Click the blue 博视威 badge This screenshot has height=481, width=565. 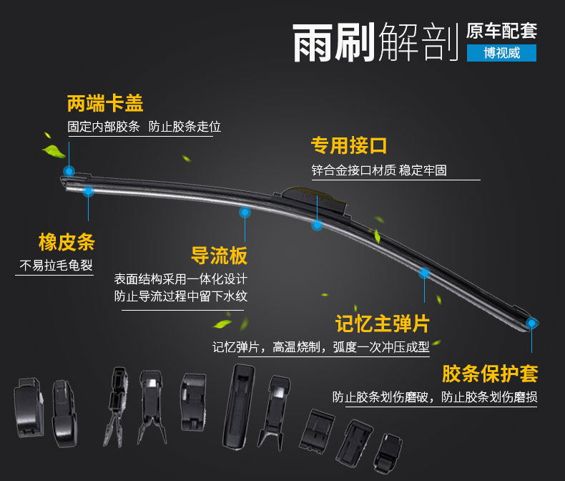click(x=501, y=53)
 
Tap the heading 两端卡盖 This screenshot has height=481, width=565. click(x=105, y=104)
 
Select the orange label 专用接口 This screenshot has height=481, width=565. click(x=348, y=146)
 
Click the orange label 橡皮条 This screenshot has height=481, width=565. click(x=67, y=241)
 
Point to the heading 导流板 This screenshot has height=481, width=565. click(x=219, y=256)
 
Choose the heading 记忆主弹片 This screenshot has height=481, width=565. click(x=383, y=324)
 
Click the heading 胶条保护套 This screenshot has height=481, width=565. click(x=490, y=373)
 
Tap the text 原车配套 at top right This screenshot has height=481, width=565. click(x=501, y=31)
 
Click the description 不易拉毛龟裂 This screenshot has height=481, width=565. click(x=56, y=266)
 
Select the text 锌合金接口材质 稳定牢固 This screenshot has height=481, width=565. click(x=379, y=171)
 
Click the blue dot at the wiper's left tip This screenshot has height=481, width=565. click(x=69, y=170)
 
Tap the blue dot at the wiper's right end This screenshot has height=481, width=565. click(x=531, y=323)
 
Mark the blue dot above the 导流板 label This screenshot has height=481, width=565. click(x=245, y=212)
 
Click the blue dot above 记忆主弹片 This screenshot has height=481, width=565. click(x=423, y=272)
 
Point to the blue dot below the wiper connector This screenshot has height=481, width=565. click(x=317, y=225)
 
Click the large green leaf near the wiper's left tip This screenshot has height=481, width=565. click(x=54, y=151)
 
